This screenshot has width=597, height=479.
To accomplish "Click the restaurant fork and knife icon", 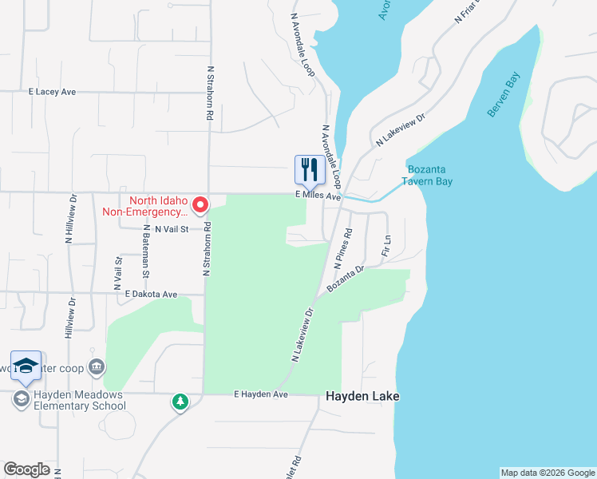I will click(x=310, y=169).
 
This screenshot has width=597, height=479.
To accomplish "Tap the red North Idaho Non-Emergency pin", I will click(x=200, y=205).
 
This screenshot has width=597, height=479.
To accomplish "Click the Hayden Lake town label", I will click(x=362, y=396).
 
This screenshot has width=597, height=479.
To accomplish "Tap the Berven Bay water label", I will click(x=505, y=98).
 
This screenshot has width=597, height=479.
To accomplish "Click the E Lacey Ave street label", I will click(x=52, y=93).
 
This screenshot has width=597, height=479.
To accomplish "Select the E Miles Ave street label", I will click(x=318, y=196).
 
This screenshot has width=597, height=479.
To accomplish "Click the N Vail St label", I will click(x=171, y=228).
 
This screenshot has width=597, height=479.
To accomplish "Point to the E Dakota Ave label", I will click(x=151, y=295).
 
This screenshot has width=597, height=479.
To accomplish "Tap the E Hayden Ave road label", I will click(x=260, y=394).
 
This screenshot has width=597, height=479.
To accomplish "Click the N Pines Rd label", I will click(x=342, y=247).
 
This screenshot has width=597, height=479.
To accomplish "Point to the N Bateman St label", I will click(x=146, y=262).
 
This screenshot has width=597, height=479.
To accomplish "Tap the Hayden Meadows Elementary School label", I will click(x=79, y=400).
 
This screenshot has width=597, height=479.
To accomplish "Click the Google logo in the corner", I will click(x=26, y=469).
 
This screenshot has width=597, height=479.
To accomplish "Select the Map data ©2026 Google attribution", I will click(x=548, y=473).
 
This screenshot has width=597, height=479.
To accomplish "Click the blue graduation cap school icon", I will click(x=26, y=365).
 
